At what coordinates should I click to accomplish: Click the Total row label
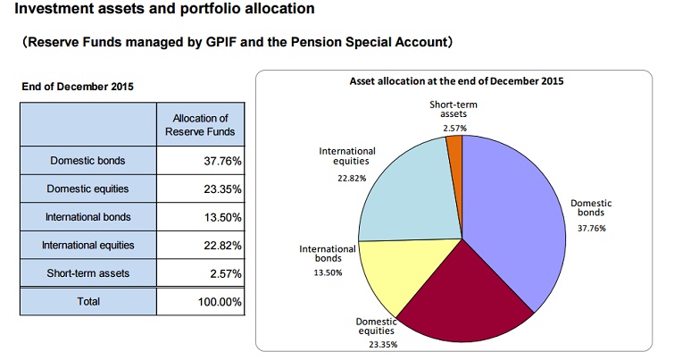[x=87, y=301]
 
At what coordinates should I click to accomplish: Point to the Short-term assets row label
[x=87, y=272]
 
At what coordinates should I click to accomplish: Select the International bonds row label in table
[x=87, y=217]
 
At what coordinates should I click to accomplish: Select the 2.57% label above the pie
[x=453, y=129]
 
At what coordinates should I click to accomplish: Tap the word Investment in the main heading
[x=54, y=10]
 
